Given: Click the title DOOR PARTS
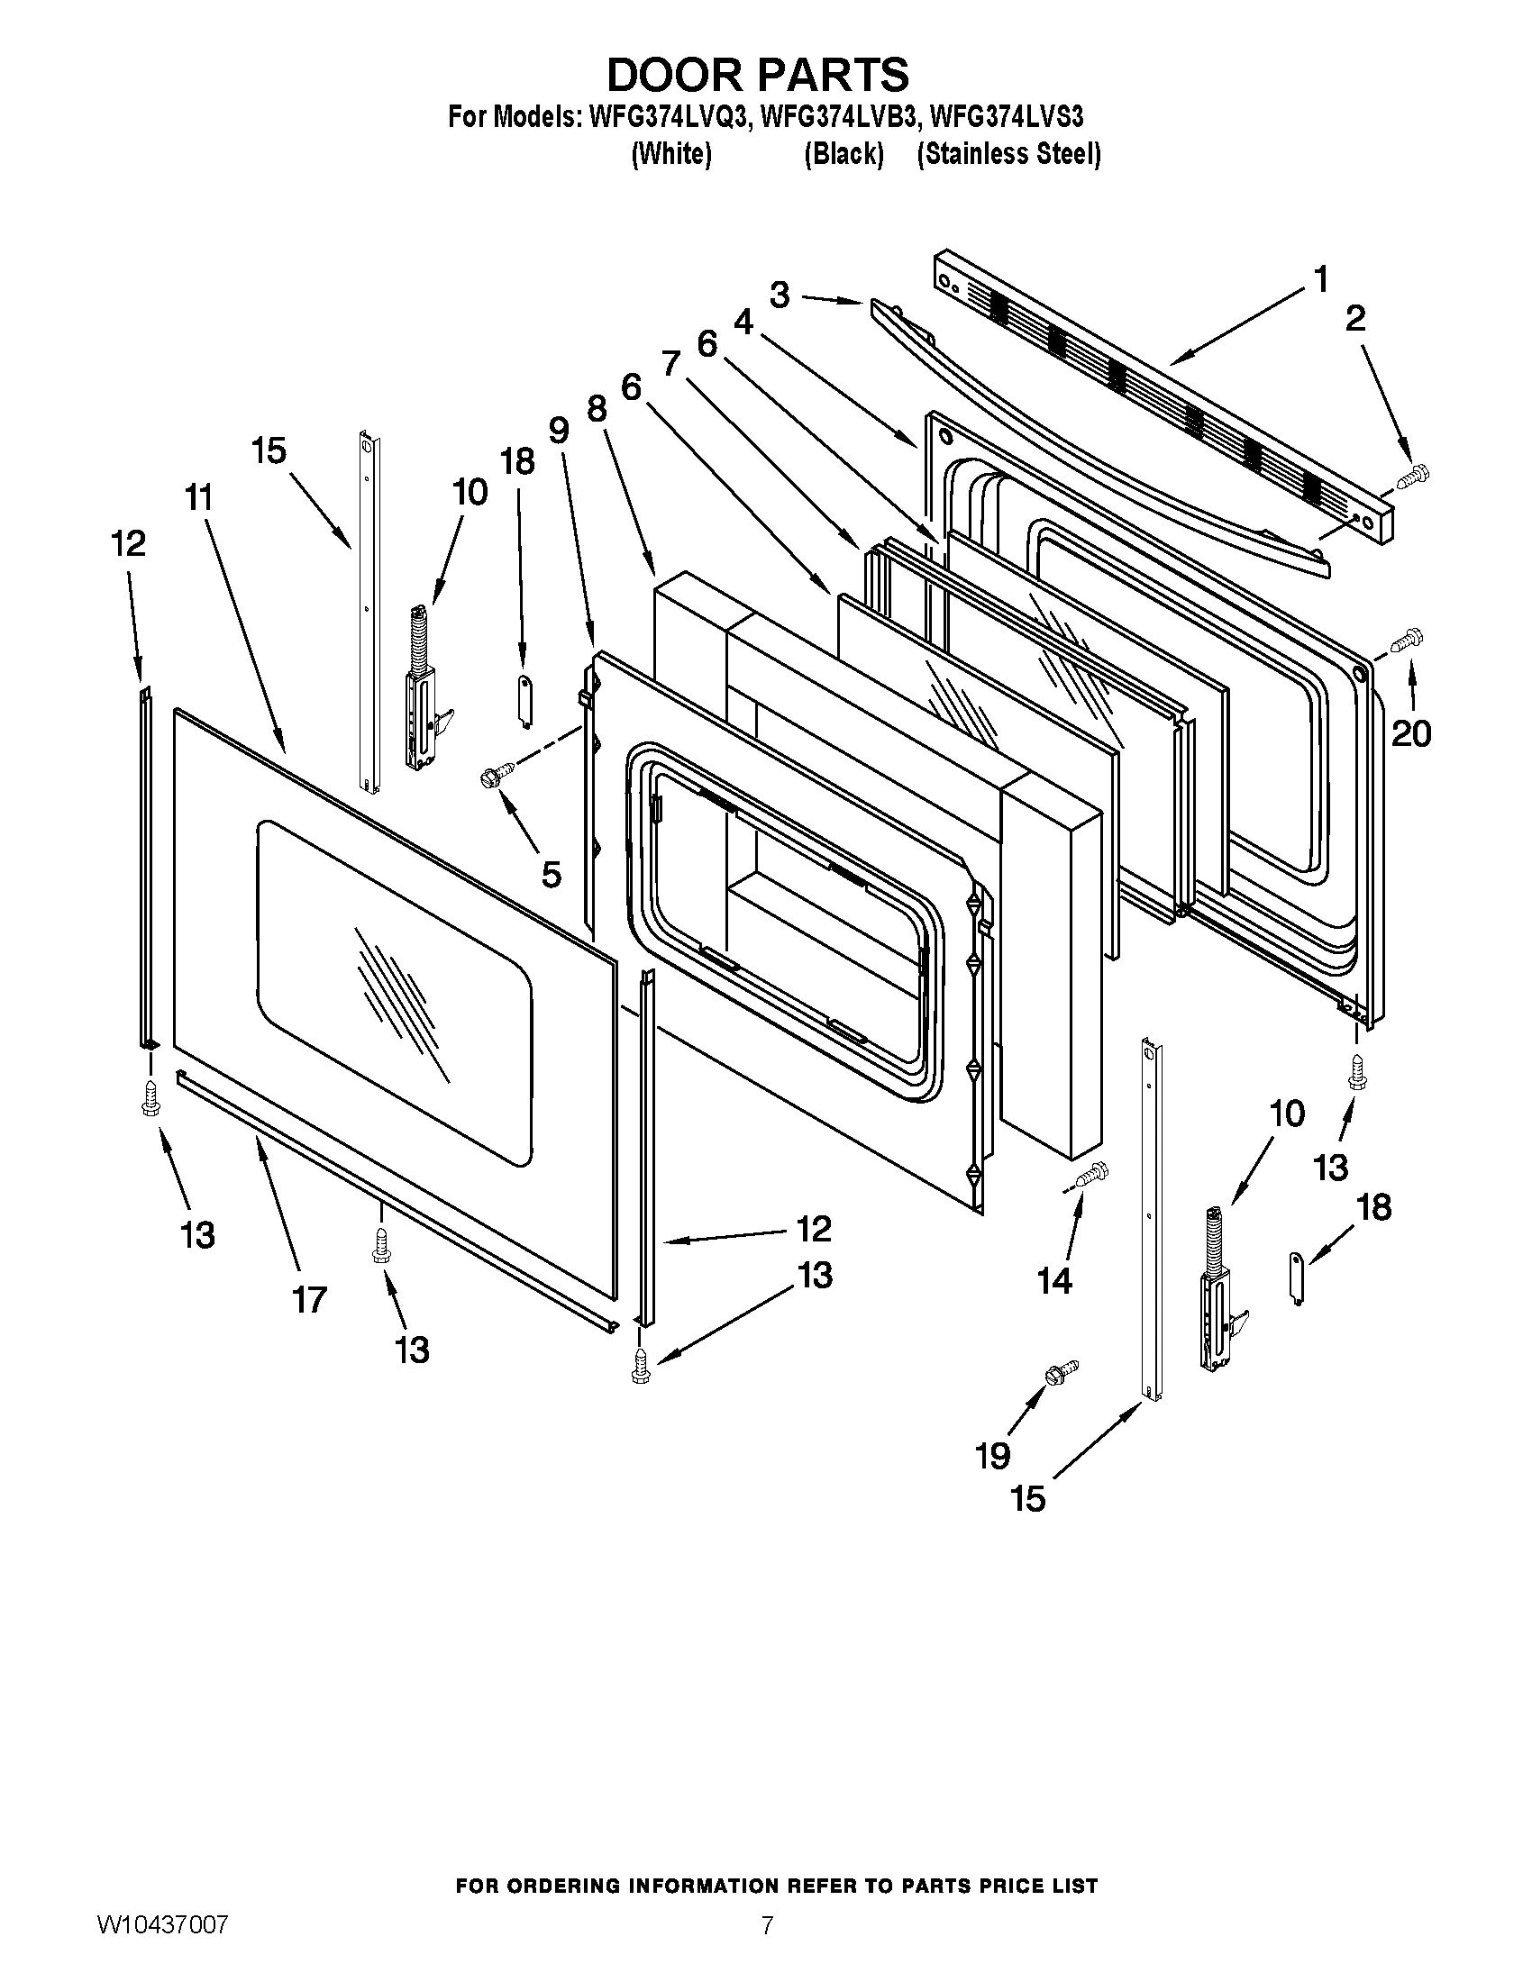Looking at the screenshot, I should (757, 75).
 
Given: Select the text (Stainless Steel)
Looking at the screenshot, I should (1008, 154).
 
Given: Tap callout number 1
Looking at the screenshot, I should (1320, 278).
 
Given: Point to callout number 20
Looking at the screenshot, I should (1411, 732).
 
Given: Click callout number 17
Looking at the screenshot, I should (308, 1299).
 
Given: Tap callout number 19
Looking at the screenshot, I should (993, 1456).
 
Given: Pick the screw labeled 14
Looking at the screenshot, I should (1090, 1175).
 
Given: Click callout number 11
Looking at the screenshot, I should (199, 497).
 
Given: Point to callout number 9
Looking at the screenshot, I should (558, 429).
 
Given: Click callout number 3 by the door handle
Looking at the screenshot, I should (780, 295).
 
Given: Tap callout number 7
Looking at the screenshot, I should (670, 364).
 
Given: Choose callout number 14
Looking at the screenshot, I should (1055, 1280).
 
